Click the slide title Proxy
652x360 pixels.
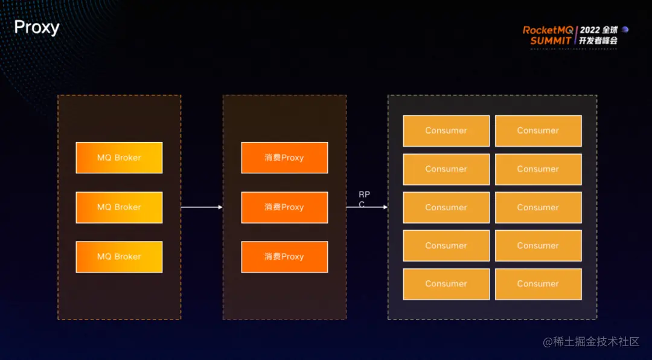[x=36, y=27]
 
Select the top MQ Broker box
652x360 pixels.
[x=119, y=158]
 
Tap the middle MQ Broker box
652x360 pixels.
[x=119, y=207]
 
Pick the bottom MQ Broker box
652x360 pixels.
[x=119, y=257]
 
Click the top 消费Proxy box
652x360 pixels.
[x=284, y=158]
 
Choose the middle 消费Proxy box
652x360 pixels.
[x=284, y=207]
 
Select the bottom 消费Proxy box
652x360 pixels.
[x=284, y=257]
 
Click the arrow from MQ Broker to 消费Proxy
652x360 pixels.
[x=202, y=207]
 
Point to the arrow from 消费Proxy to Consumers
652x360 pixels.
[x=366, y=207]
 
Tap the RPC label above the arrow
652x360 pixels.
[x=364, y=199]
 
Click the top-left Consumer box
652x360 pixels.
[x=446, y=130]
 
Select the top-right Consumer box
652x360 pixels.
[x=538, y=130]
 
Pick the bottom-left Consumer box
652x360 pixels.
[x=446, y=284]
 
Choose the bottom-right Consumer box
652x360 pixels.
[x=538, y=284]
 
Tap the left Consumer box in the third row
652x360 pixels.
[x=446, y=207]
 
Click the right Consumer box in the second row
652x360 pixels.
[x=538, y=169]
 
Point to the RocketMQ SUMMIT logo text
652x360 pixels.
[x=548, y=35]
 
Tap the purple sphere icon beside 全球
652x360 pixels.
[x=625, y=30]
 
